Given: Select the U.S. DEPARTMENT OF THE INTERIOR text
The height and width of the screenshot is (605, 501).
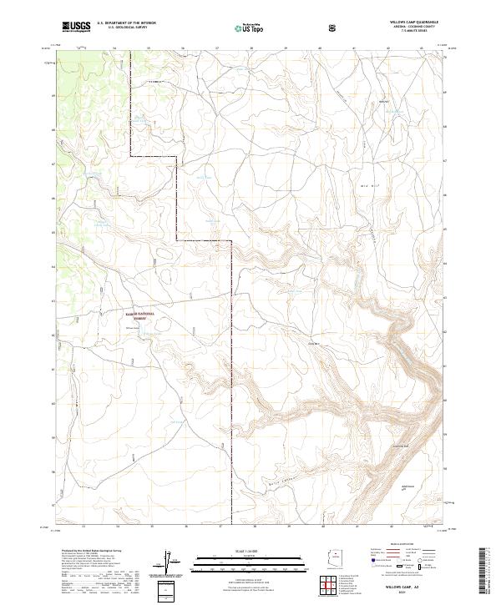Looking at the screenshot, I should pyautogui.click(x=126, y=23).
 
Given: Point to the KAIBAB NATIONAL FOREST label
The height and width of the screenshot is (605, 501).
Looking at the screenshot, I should pyautogui.click(x=146, y=315).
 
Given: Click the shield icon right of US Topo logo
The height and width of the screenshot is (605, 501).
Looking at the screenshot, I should pyautogui.click(x=334, y=27).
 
